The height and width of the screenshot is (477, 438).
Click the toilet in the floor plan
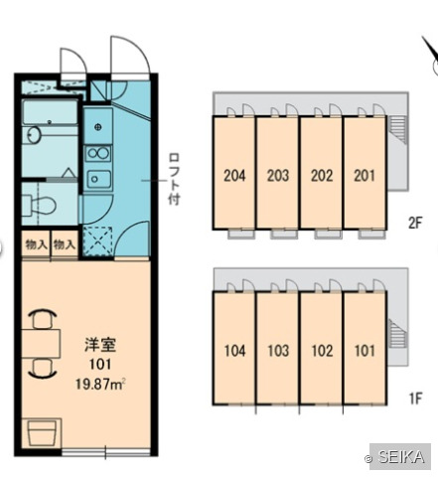pyautogui.click(x=40, y=205)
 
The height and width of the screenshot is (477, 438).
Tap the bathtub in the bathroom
pyautogui.click(x=50, y=113)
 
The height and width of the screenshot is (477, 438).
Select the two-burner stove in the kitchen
pyautogui.click(x=98, y=153)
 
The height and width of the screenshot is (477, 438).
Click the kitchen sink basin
pyautogui.click(x=98, y=179)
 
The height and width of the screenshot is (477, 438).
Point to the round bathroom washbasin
pyautogui.click(x=33, y=135)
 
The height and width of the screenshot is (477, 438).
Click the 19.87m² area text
pyautogui.click(x=100, y=385)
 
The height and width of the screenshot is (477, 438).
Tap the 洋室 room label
pyautogui.click(x=100, y=345)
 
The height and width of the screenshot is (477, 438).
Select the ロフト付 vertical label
pyautogui.click(x=174, y=179)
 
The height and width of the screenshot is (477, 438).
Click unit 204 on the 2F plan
pyautogui.click(x=234, y=176)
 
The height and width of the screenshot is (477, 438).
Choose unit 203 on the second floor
pyautogui.click(x=278, y=176)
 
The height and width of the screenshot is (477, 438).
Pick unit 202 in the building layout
pyautogui.click(x=322, y=176)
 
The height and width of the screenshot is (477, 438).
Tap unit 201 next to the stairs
pyautogui.click(x=365, y=176)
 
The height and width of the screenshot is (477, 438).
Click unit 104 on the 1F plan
pyautogui.click(x=234, y=351)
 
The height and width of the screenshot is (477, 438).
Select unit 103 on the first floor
pyautogui.click(x=278, y=351)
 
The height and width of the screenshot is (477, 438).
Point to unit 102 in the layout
pyautogui.click(x=322, y=351)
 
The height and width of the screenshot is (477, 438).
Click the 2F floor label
pyautogui.click(x=415, y=223)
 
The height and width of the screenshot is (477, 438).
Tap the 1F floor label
pyautogui.click(x=415, y=398)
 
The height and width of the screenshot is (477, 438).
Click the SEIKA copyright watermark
pyautogui.click(x=400, y=457)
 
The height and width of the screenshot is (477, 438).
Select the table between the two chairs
pyautogui.click(x=41, y=343)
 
